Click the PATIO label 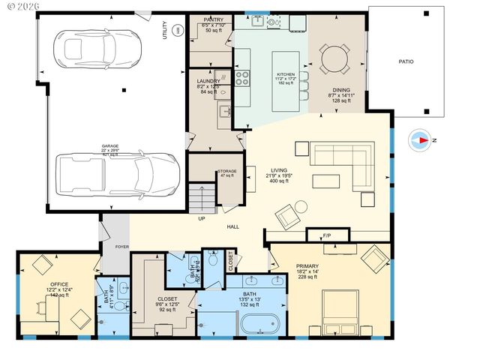coord(405,61)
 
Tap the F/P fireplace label coord(327,236)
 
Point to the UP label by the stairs coord(202,218)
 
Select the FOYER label coord(121,244)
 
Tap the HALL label coord(234,226)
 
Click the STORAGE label coord(226,171)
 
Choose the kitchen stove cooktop coord(243,75)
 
